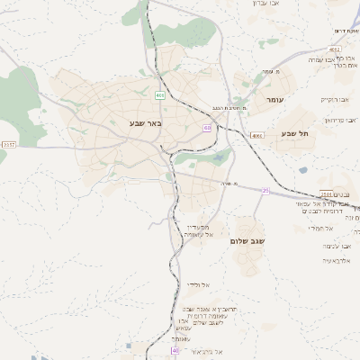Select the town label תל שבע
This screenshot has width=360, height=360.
pos(294,133)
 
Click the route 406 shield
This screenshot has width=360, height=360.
pos(159,94)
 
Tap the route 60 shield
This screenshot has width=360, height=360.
pos(208,129)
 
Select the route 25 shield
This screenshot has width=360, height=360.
pos(265,191)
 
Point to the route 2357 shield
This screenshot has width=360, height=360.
pos(9,144)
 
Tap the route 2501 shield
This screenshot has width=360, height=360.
pos(328,194)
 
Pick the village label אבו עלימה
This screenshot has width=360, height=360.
pos(334,245)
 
